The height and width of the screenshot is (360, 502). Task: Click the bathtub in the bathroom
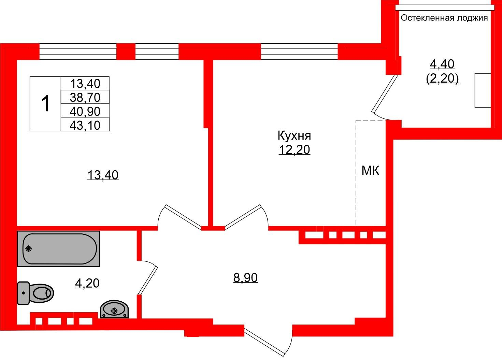click(x=58, y=249)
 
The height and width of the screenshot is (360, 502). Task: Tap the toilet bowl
click(x=35, y=293)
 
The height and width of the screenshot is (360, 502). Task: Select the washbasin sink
click(x=114, y=309)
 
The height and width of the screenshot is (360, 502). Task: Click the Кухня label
click(x=294, y=136)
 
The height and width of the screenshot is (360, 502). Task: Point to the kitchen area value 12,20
click(x=294, y=150)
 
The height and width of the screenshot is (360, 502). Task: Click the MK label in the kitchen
click(x=371, y=171)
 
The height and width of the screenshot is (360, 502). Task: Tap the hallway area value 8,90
click(x=245, y=278)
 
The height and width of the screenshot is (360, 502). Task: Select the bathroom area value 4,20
click(x=87, y=283)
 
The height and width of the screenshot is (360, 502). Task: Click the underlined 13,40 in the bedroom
click(x=103, y=175)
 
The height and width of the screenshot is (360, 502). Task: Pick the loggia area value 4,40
click(x=442, y=64)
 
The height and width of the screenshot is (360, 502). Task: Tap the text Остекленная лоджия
click(x=444, y=18)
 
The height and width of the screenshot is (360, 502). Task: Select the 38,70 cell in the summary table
click(x=85, y=98)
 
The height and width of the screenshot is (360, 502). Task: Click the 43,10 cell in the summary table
click(x=85, y=125)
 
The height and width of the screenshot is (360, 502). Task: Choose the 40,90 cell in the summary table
click(x=85, y=111)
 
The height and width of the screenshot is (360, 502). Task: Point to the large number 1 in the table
click(x=45, y=103)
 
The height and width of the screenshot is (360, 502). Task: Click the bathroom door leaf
click(x=148, y=280)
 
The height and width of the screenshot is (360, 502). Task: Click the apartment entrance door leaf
click(x=264, y=343)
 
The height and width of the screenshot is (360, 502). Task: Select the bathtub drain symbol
click(x=29, y=249)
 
